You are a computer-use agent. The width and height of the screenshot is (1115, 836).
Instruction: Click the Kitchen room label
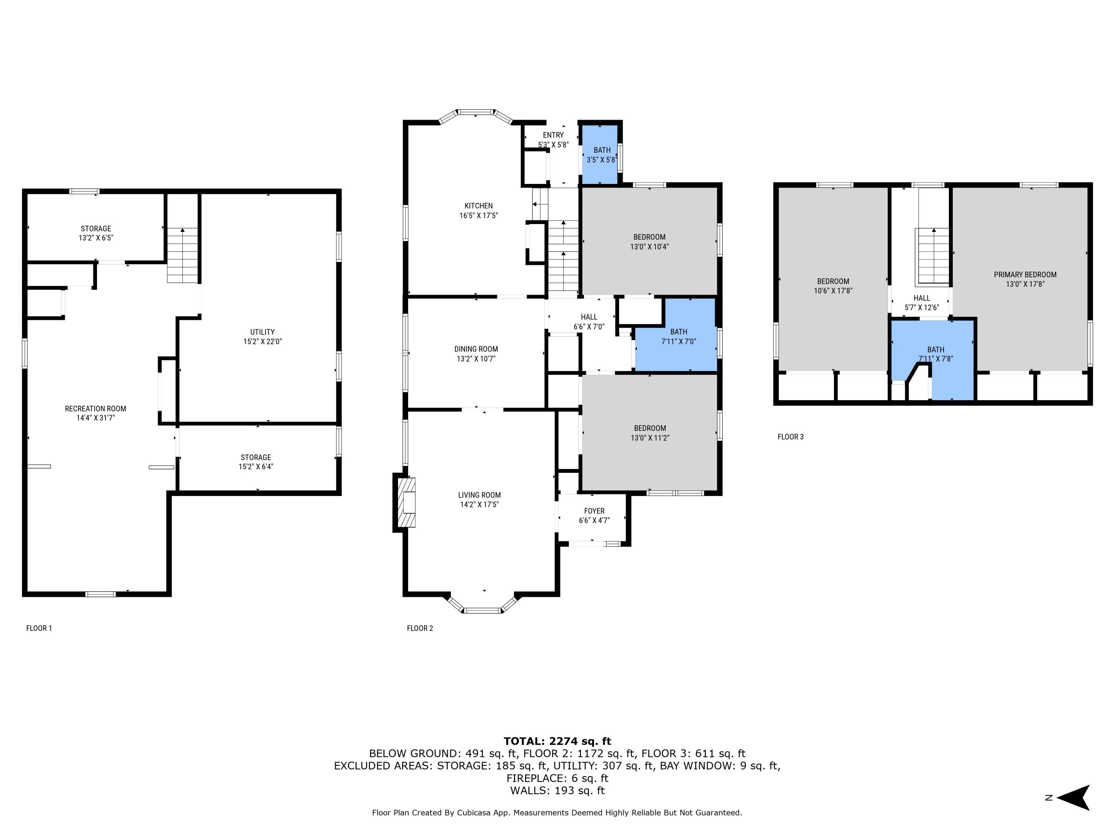point(478,205)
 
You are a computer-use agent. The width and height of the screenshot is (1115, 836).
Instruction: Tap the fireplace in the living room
point(406,502)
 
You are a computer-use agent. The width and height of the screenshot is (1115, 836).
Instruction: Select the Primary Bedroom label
point(1025,275)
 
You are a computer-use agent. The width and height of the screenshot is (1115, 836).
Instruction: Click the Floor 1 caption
point(39,628)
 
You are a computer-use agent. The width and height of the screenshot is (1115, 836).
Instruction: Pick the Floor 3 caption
point(791,437)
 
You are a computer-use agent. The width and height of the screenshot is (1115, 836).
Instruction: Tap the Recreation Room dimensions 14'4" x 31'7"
point(95,418)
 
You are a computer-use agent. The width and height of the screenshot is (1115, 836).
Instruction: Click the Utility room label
point(262,332)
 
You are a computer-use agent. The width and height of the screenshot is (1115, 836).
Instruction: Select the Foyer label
point(594,511)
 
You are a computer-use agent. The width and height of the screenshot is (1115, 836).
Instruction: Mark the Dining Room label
point(476,349)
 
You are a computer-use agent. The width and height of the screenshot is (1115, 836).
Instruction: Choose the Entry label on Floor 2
point(553,135)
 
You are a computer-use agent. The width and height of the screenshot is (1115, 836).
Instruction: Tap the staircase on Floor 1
point(182,256)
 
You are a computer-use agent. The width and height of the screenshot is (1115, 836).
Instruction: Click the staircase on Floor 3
point(933,256)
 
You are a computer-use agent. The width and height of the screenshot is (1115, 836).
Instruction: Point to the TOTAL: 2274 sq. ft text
point(557,741)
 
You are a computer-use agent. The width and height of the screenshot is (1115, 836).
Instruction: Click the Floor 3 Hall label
point(921,298)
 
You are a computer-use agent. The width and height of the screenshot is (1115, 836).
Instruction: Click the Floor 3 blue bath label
point(935,350)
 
